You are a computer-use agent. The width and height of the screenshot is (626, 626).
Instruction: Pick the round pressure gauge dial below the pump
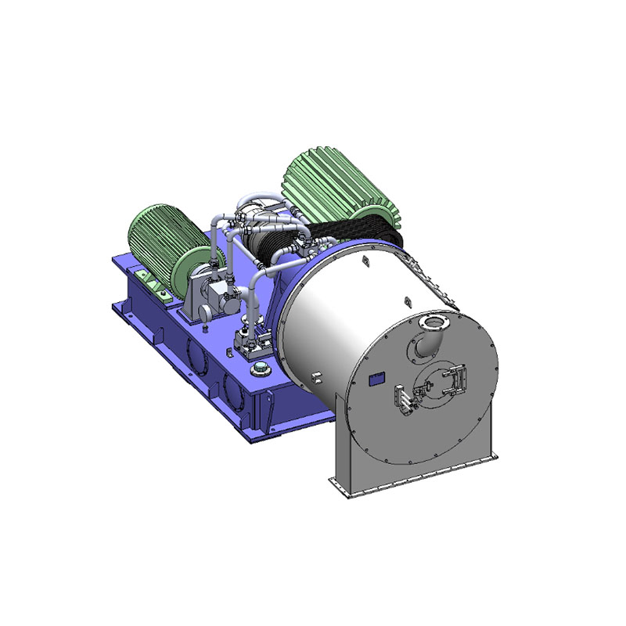[x=205, y=312]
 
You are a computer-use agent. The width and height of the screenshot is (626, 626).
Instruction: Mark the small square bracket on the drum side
[x=316, y=378]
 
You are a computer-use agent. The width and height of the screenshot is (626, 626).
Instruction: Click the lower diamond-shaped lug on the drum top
[x=407, y=302]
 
